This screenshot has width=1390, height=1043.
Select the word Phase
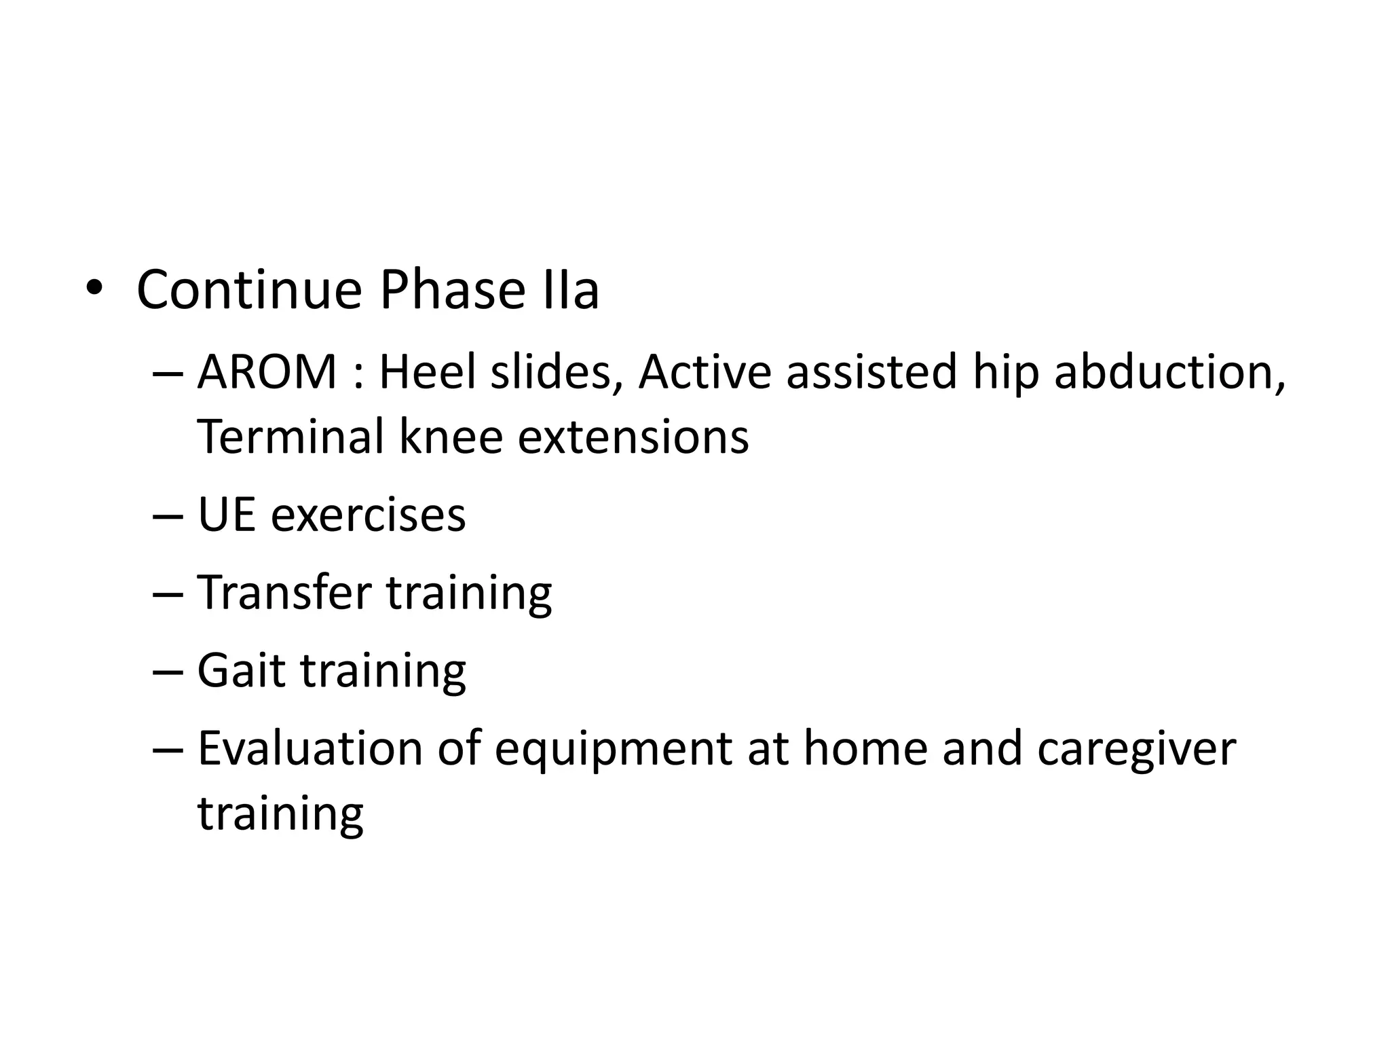(x=451, y=291)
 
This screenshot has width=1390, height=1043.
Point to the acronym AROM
(x=267, y=373)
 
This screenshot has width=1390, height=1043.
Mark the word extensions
(x=633, y=437)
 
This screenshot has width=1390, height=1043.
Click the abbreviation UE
(x=226, y=515)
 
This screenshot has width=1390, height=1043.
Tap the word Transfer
(x=284, y=593)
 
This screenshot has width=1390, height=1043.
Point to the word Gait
(x=241, y=671)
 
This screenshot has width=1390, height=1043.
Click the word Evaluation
(x=309, y=749)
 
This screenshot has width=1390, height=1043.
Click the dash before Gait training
(x=168, y=671)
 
